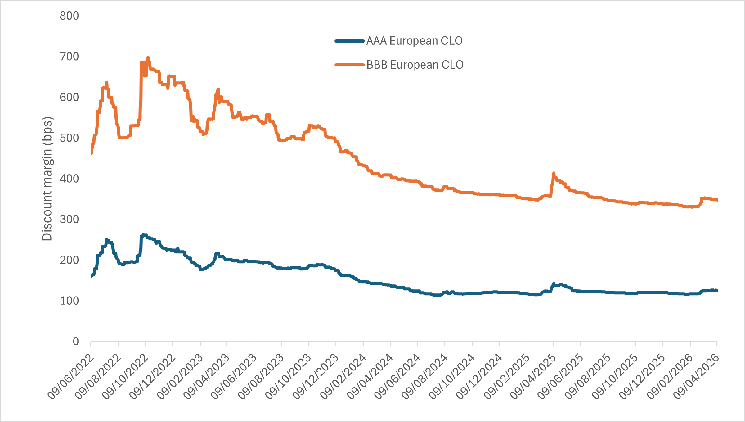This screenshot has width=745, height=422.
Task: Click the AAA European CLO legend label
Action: click(x=414, y=41)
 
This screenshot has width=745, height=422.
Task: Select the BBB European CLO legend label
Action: click(x=415, y=65)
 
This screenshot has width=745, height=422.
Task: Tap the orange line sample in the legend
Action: click(x=349, y=65)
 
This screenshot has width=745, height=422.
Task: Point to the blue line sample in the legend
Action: click(x=349, y=41)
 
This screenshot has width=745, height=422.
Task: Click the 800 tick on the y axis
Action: click(x=69, y=16)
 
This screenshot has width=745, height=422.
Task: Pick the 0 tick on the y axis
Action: click(x=76, y=342)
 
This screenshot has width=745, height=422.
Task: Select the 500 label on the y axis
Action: click(x=69, y=138)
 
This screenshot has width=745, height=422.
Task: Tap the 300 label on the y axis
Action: click(x=69, y=219)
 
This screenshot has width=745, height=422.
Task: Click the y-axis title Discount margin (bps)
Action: click(x=47, y=179)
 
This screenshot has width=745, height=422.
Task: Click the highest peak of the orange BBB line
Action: click(x=148, y=57)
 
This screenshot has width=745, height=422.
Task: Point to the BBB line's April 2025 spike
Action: click(x=554, y=173)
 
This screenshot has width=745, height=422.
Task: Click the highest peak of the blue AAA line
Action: click(x=144, y=234)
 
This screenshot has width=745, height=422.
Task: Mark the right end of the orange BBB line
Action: click(x=717, y=200)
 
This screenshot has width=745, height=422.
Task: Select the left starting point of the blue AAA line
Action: click(x=91, y=276)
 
